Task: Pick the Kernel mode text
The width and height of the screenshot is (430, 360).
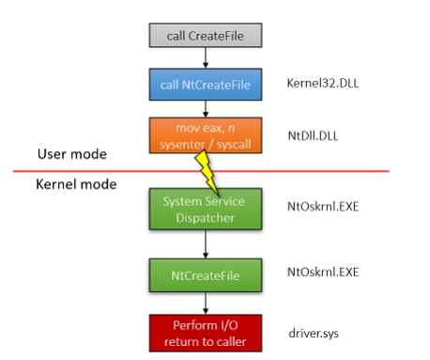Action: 77,184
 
